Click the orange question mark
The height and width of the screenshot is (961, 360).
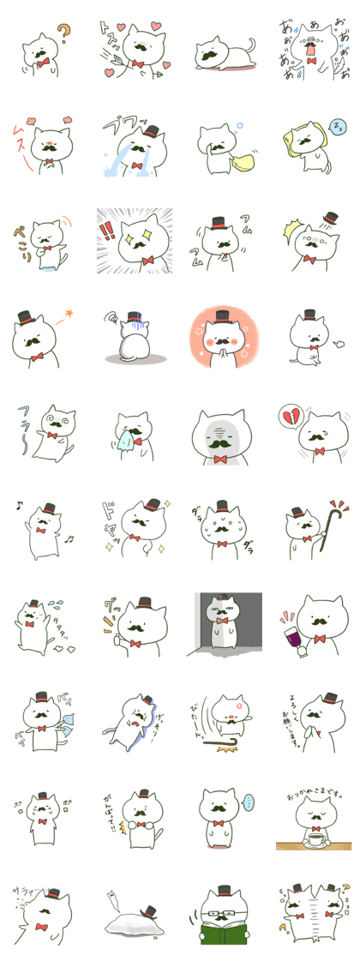click(x=62, y=34)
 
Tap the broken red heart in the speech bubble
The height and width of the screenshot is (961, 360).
click(x=288, y=417)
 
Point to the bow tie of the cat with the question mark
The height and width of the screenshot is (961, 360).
click(x=39, y=63)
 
